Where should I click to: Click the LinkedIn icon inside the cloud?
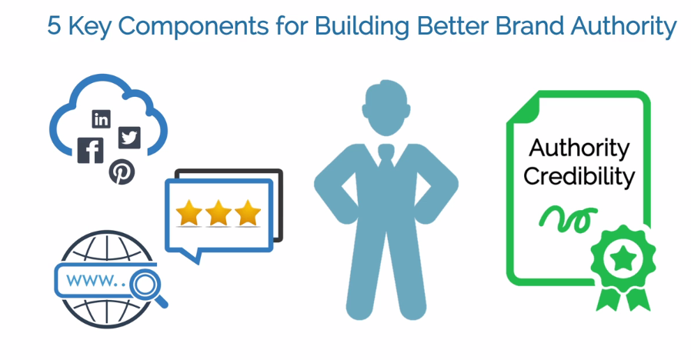[101, 118]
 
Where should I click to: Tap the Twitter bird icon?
[129, 137]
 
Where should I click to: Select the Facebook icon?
[91, 150]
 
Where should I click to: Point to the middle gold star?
[219, 213]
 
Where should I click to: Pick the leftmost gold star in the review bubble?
[189, 213]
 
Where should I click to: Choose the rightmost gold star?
[248, 213]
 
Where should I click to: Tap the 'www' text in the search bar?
[86, 281]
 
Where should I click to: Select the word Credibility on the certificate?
[579, 176]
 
